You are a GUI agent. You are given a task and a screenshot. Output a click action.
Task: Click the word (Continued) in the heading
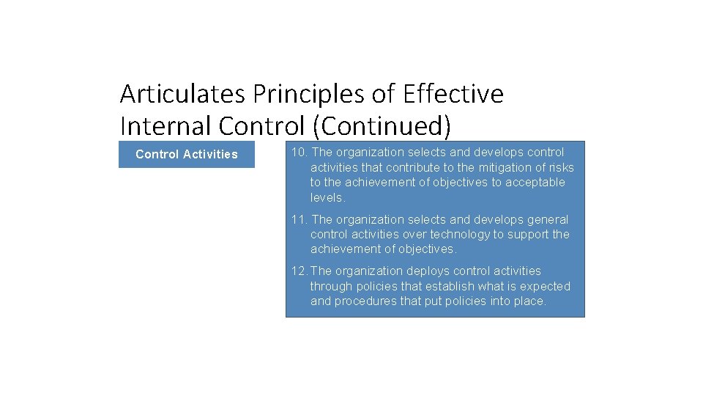[x=382, y=125]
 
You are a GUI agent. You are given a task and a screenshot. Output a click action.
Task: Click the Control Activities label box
[x=187, y=154]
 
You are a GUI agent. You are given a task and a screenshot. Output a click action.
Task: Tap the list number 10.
[x=299, y=153]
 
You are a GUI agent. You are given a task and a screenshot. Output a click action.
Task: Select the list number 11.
[x=299, y=219]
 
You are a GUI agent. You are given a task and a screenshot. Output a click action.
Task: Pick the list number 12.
[x=299, y=271]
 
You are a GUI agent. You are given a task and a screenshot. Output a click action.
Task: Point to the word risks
[x=559, y=167]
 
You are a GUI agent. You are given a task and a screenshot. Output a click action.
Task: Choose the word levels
[x=327, y=197]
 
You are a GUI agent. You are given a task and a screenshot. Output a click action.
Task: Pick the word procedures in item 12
[x=365, y=301]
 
